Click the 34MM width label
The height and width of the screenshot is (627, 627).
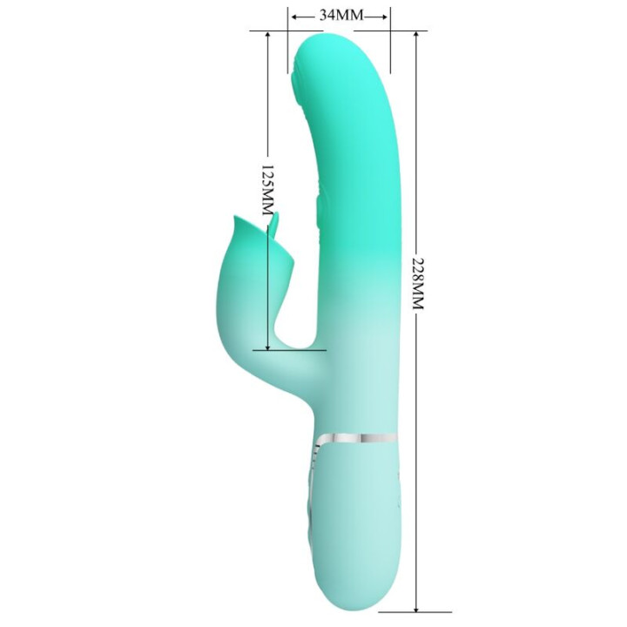tap(340, 16)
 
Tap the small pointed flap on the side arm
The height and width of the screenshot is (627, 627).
tap(274, 228)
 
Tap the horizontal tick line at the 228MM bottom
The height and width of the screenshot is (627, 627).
tap(416, 611)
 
